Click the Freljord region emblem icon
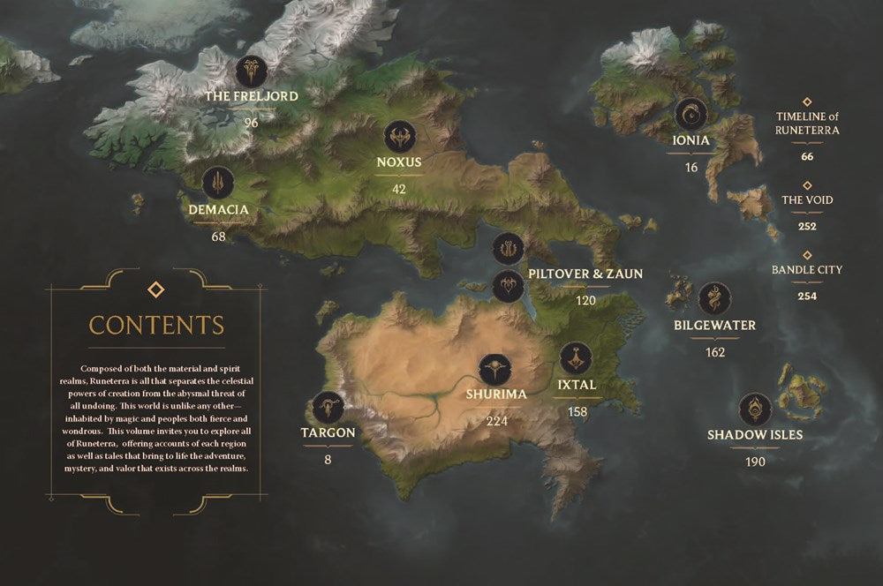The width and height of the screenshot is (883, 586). [x=252, y=71]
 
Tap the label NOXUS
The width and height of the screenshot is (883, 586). [x=399, y=162]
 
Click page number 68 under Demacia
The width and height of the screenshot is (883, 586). [x=219, y=237]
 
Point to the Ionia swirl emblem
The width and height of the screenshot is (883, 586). [x=691, y=114]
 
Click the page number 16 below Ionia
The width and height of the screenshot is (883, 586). [x=691, y=167]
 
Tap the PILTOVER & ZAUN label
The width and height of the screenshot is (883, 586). [x=585, y=274]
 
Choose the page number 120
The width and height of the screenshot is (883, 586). [x=585, y=300]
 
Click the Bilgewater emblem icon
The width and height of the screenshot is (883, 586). [x=714, y=298]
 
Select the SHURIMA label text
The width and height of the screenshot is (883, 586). [x=497, y=394]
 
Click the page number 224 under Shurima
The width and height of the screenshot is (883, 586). [x=497, y=421]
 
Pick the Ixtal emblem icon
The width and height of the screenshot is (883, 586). [x=576, y=357]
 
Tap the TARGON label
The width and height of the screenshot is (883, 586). [x=328, y=432]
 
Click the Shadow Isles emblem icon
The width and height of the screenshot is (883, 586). [x=755, y=409]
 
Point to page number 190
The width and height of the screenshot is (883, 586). [x=755, y=462]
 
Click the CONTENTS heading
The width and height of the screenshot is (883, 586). [x=156, y=325]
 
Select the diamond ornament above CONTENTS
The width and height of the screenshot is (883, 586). [x=155, y=289]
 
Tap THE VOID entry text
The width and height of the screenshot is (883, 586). [x=807, y=200]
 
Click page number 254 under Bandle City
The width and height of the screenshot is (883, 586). [x=807, y=297]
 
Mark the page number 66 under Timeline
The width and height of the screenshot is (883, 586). [x=807, y=156]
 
